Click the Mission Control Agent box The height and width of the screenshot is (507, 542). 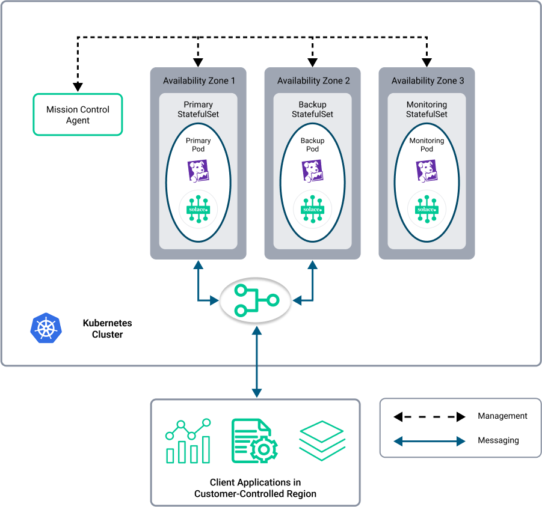point(78,115)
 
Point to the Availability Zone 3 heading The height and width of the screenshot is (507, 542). point(428,80)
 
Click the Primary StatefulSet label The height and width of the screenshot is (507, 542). point(198,109)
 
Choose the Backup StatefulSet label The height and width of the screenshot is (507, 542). point(312,109)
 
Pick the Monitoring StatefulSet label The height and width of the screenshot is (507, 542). point(427,109)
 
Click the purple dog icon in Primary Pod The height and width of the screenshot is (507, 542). point(198,171)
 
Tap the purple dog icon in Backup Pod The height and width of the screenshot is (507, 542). point(312,171)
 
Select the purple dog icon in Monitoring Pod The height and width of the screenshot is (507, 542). point(427,171)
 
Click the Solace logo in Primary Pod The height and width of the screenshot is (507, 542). point(198,209)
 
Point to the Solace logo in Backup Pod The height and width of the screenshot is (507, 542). point(312,209)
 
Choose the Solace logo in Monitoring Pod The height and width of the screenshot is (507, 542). point(427,209)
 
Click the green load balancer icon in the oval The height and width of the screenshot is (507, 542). point(256,300)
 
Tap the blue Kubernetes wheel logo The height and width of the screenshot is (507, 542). point(46,329)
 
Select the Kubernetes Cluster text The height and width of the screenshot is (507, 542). point(107,329)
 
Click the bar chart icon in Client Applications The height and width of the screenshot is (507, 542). point(188,441)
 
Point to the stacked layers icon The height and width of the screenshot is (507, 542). point(322,441)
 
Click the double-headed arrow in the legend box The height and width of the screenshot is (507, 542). point(430,442)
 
